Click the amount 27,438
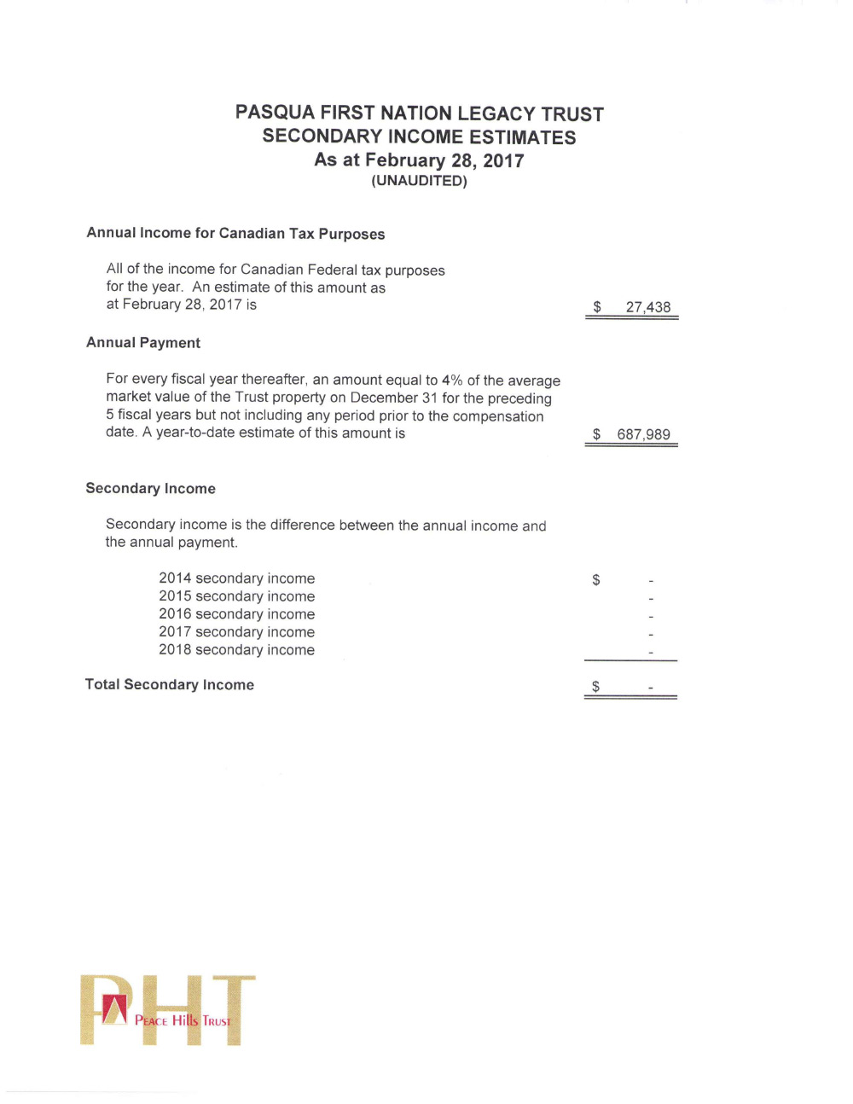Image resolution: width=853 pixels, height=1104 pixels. pyautogui.click(x=647, y=307)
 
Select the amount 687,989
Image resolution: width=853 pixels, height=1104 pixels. pyautogui.click(x=643, y=434)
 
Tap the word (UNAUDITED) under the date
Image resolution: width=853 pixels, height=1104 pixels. pyautogui.click(x=419, y=181)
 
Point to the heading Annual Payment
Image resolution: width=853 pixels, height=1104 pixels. pyautogui.click(x=143, y=343)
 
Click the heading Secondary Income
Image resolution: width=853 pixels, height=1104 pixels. pyautogui.click(x=150, y=489)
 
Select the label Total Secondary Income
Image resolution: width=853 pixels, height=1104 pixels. pyautogui.click(x=169, y=684)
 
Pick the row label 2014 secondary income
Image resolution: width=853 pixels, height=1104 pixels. pyautogui.click(x=236, y=578)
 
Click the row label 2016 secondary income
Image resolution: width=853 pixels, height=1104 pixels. pyautogui.click(x=236, y=614)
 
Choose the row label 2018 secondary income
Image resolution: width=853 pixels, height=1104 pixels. pyautogui.click(x=236, y=650)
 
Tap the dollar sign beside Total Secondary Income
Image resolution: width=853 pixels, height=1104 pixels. pyautogui.click(x=595, y=686)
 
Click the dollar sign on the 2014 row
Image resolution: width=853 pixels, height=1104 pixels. pyautogui.click(x=595, y=580)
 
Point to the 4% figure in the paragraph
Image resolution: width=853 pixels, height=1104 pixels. pyautogui.click(x=451, y=381)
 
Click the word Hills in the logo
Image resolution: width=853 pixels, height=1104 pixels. pyautogui.click(x=184, y=1020)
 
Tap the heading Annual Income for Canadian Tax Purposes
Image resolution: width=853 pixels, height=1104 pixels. pyautogui.click(x=235, y=234)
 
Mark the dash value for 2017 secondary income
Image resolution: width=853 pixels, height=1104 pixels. pyautogui.click(x=651, y=634)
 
